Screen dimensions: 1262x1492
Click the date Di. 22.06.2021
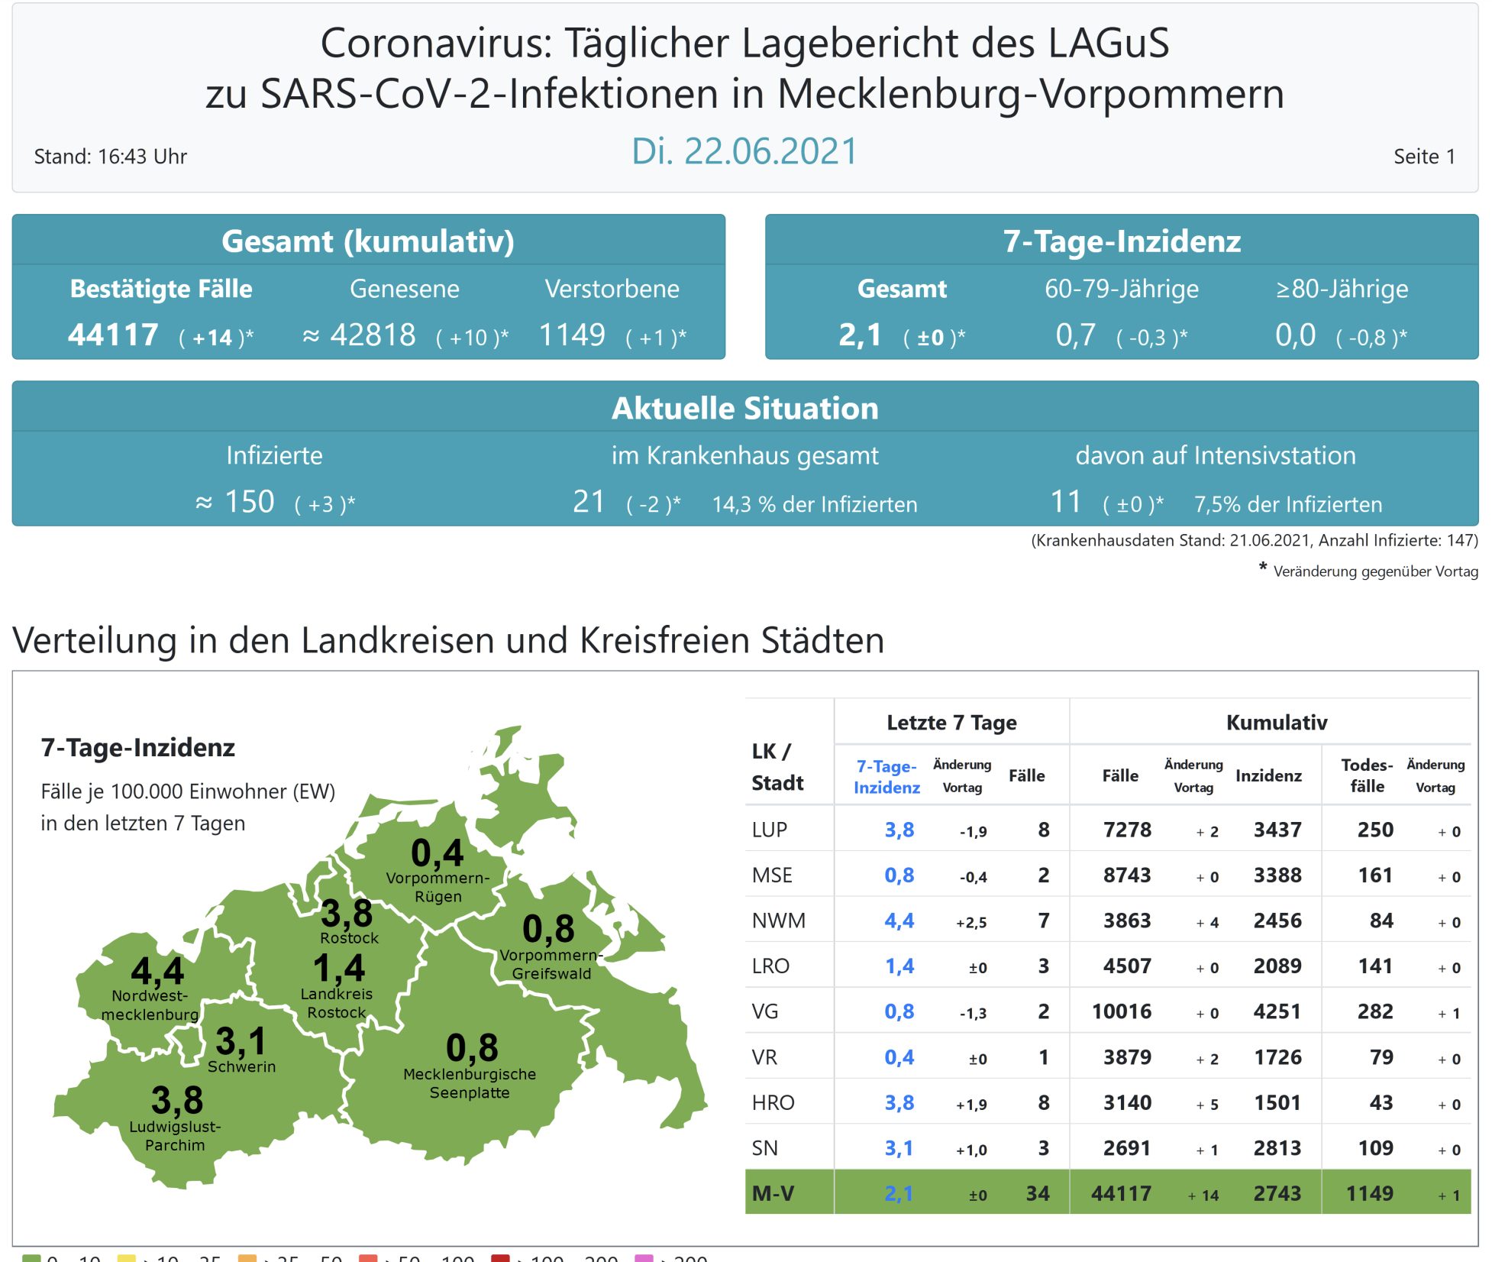coord(744,151)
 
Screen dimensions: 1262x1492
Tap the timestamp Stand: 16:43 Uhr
coord(110,157)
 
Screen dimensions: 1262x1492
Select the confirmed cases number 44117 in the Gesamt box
coord(113,335)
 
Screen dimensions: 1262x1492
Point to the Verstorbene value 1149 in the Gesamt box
coord(572,335)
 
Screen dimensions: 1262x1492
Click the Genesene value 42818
coord(373,335)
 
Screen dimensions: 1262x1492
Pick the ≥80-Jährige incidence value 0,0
coord(1295,335)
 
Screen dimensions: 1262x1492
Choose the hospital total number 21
coord(589,502)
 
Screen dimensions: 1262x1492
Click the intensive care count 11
coord(1066,502)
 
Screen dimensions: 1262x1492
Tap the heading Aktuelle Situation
coord(744,408)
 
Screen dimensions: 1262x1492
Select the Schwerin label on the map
coord(241,1066)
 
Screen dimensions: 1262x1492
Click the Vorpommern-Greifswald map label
coord(551,964)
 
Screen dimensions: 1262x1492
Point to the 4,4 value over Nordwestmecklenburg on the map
coord(157,971)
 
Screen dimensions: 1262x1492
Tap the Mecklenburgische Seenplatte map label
coord(470,1083)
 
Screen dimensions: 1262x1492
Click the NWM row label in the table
coord(778,921)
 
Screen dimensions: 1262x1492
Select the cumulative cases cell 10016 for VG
coord(1121,1011)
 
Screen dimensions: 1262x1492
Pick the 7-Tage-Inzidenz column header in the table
coord(886,776)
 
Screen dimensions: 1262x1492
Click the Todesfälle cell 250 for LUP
coord(1375,830)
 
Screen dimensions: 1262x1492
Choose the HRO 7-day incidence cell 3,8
coord(899,1102)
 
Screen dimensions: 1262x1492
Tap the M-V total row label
coord(773,1193)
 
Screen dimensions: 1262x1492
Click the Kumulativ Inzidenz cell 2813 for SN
coord(1277,1148)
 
